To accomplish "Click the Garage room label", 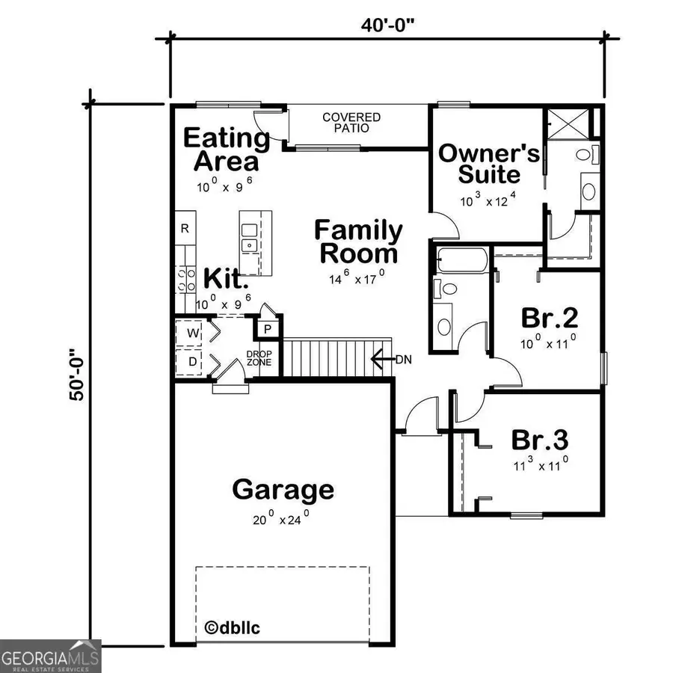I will click(283, 491).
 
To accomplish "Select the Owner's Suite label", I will click(489, 164).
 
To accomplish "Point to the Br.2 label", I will click(550, 318).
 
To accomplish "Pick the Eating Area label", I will click(226, 150).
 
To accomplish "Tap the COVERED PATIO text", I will click(351, 123).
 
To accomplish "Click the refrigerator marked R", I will click(185, 228).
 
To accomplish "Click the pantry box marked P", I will click(267, 328).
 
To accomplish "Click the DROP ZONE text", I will click(259, 359).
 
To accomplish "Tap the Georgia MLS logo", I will click(50, 656).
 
